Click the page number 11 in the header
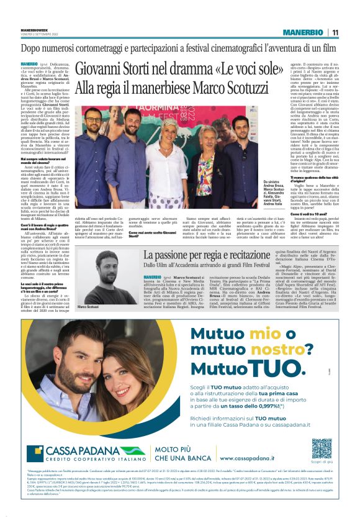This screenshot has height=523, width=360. click(335, 32)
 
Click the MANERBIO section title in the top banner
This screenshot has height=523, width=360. click(302, 32)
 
